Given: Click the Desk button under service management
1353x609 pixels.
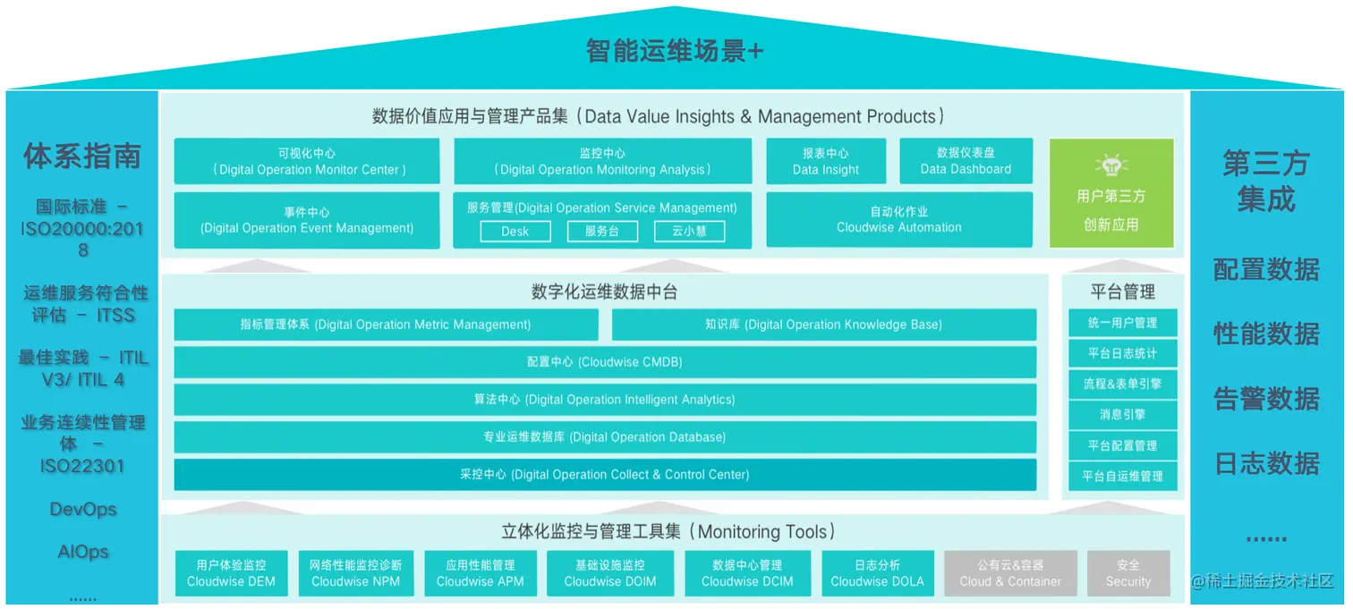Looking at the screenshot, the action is pyautogui.click(x=515, y=231).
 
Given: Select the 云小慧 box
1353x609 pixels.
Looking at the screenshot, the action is pyautogui.click(x=689, y=231).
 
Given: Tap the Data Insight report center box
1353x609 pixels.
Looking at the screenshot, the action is pyautogui.click(x=826, y=161).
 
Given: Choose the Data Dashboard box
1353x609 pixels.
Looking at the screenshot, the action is pyautogui.click(x=966, y=161).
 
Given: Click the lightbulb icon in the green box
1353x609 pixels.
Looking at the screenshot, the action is pyautogui.click(x=1111, y=165).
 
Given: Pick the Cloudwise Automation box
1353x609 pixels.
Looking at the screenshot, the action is pyautogui.click(x=899, y=220).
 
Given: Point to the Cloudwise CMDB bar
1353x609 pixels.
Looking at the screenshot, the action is pyautogui.click(x=605, y=362).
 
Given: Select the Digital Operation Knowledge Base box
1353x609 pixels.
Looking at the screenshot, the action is pyautogui.click(x=824, y=325).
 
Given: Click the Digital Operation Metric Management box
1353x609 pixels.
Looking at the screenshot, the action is pyautogui.click(x=386, y=325).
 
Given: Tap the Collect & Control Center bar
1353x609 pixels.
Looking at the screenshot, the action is pyautogui.click(x=605, y=474).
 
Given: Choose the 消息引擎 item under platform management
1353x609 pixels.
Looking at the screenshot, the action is pyautogui.click(x=1122, y=415).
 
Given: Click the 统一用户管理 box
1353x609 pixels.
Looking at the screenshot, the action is pyautogui.click(x=1122, y=323).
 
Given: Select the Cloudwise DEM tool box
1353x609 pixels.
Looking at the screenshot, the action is pyautogui.click(x=231, y=573).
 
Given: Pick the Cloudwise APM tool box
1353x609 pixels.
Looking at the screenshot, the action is pyautogui.click(x=481, y=573).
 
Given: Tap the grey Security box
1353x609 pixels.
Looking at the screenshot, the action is pyautogui.click(x=1128, y=573).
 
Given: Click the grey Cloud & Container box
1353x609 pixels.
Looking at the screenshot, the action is pyautogui.click(x=1010, y=573).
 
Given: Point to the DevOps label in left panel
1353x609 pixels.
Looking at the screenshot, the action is pyautogui.click(x=82, y=510).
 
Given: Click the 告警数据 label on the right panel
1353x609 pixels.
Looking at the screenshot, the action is pyautogui.click(x=1266, y=399).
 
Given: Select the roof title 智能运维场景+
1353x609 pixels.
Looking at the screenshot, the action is pyautogui.click(x=675, y=51).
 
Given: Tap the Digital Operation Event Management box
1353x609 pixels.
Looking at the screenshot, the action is pyautogui.click(x=307, y=220).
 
